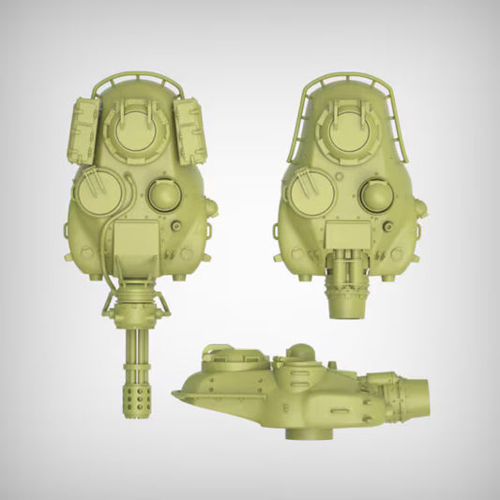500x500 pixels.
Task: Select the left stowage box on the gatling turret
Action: (83, 133)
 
